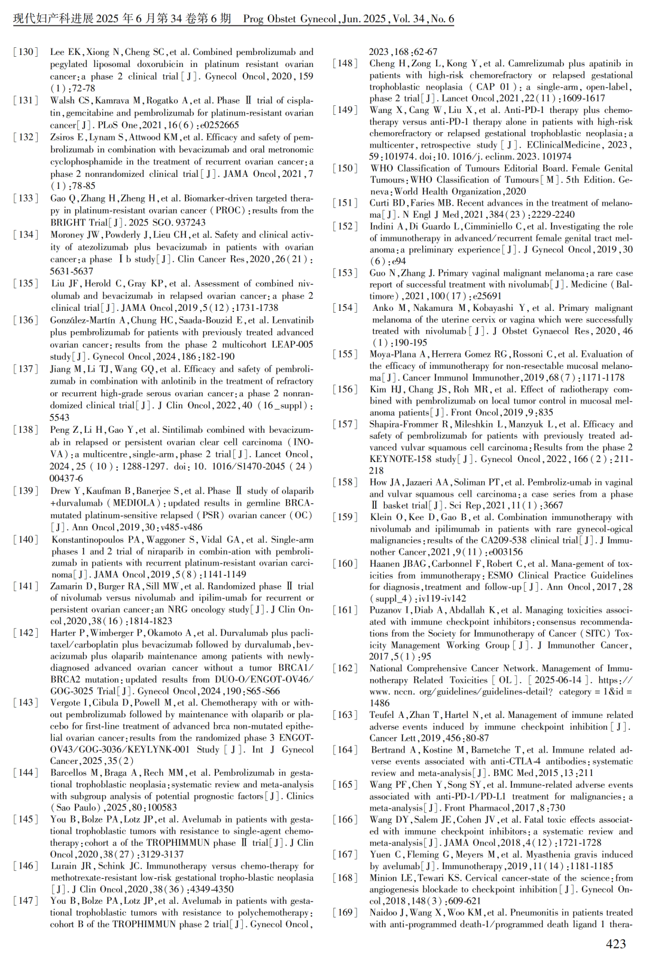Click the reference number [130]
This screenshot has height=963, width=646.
click(x=26, y=52)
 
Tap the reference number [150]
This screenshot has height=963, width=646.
click(x=345, y=169)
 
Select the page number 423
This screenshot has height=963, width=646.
click(x=615, y=944)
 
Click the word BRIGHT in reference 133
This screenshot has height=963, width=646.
click(x=66, y=222)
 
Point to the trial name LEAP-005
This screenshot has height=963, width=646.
click(x=292, y=344)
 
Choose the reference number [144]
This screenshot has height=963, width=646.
click(x=26, y=773)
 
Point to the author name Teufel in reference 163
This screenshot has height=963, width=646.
click(x=383, y=715)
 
